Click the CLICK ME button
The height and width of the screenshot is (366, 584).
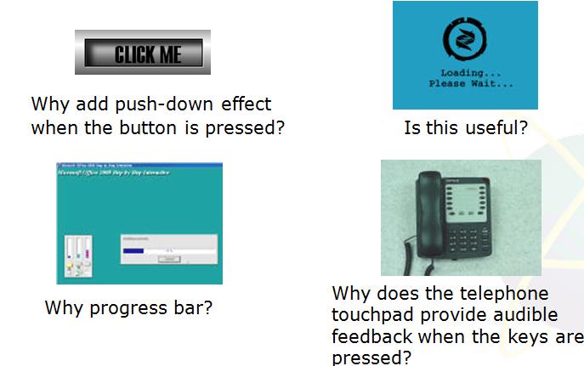click(143, 53)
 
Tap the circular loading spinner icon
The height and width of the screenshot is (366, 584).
click(465, 40)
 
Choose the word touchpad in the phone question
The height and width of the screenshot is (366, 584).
click(372, 315)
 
